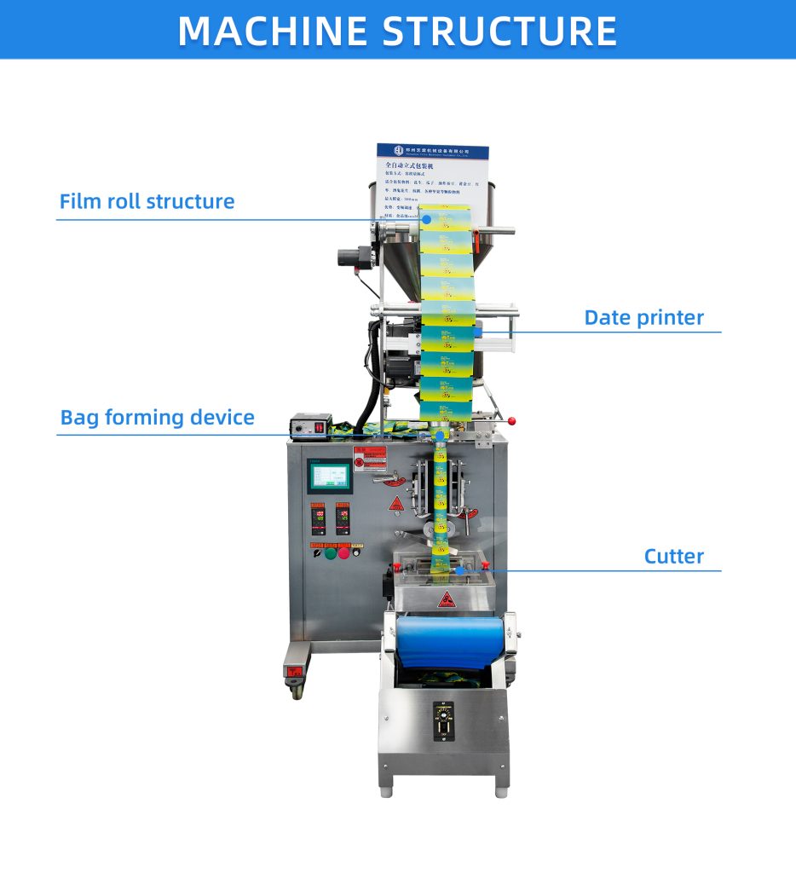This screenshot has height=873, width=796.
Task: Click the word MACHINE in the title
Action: tap(274, 30)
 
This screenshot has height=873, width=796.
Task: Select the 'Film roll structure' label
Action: tap(147, 202)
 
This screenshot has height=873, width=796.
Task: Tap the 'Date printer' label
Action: tap(643, 318)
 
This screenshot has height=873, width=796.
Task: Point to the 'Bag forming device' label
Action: tap(157, 418)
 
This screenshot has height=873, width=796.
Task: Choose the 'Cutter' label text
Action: tap(673, 557)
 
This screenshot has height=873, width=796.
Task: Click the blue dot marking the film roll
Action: tap(427, 219)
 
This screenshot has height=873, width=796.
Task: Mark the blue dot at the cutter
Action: tap(459, 570)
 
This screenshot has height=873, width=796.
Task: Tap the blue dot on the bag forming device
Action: tap(440, 436)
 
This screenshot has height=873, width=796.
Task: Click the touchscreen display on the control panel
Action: tap(329, 477)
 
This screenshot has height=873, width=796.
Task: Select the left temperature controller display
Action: tap(318, 517)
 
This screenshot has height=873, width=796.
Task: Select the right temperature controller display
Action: tap(343, 517)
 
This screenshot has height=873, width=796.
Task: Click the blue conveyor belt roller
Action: tap(447, 640)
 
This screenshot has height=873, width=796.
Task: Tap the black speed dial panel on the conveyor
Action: tap(443, 721)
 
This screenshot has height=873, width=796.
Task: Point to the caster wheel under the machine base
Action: tap(297, 688)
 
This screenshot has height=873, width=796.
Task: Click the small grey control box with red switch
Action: tap(309, 424)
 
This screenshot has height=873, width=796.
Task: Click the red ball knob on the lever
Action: tap(514, 421)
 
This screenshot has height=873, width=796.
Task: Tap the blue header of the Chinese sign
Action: tap(433, 152)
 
